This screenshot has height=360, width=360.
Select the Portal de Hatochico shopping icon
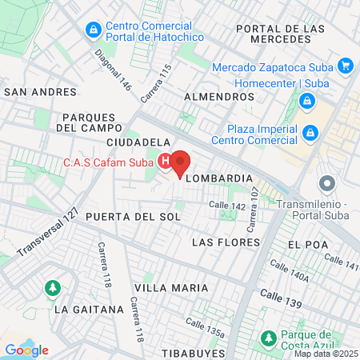pyautogui.click(x=94, y=30)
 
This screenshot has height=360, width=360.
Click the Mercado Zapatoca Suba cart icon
pyautogui.click(x=345, y=66)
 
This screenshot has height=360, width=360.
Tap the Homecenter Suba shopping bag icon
pyautogui.click(x=306, y=101)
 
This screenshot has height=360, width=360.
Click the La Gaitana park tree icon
pyautogui.click(x=53, y=287)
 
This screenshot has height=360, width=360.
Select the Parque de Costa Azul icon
pyautogui.click(x=269, y=338)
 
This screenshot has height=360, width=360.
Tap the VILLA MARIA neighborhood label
pyautogui.click(x=171, y=287)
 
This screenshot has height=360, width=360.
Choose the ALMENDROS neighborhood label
pyautogui.click(x=218, y=97)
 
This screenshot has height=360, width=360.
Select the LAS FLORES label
pyautogui.click(x=226, y=242)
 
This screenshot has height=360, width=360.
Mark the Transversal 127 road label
pyautogui.click(x=48, y=233)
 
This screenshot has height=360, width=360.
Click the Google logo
pyautogui.click(x=26, y=350)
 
